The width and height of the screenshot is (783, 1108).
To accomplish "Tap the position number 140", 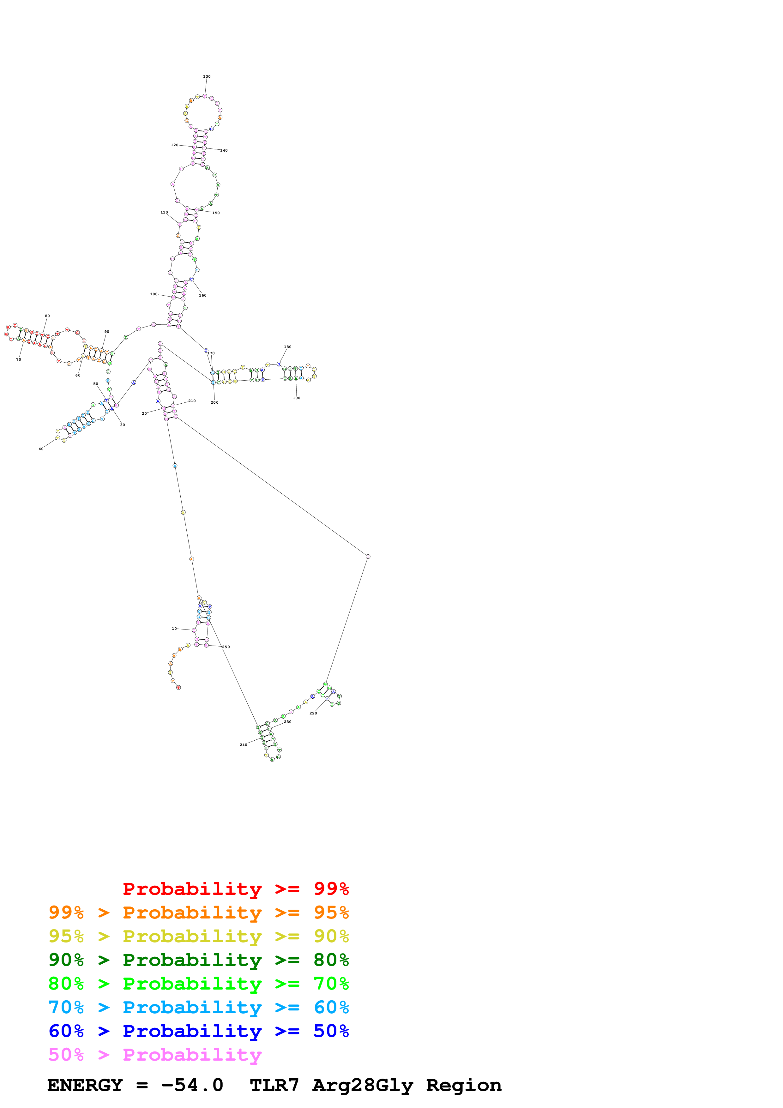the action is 224,151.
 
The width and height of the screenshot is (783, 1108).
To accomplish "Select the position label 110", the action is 164,212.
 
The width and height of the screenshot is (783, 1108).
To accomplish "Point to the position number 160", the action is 203,295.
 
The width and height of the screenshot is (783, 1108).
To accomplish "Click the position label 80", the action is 47,316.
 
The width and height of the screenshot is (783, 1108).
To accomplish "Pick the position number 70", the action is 18,359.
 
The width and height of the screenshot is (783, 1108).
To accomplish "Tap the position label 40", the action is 41,449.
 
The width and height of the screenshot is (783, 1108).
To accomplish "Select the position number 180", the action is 287,347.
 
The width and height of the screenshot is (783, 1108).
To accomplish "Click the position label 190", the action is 296,398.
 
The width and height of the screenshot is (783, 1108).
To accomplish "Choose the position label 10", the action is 174,629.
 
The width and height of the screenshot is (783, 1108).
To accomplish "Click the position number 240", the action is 243,745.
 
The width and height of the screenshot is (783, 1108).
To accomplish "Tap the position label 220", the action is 313,713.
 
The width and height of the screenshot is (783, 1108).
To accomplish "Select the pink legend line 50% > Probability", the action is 155,1055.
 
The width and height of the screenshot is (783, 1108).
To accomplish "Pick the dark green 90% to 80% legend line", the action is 198,960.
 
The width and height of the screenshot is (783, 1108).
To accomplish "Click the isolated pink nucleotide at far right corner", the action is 368,557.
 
